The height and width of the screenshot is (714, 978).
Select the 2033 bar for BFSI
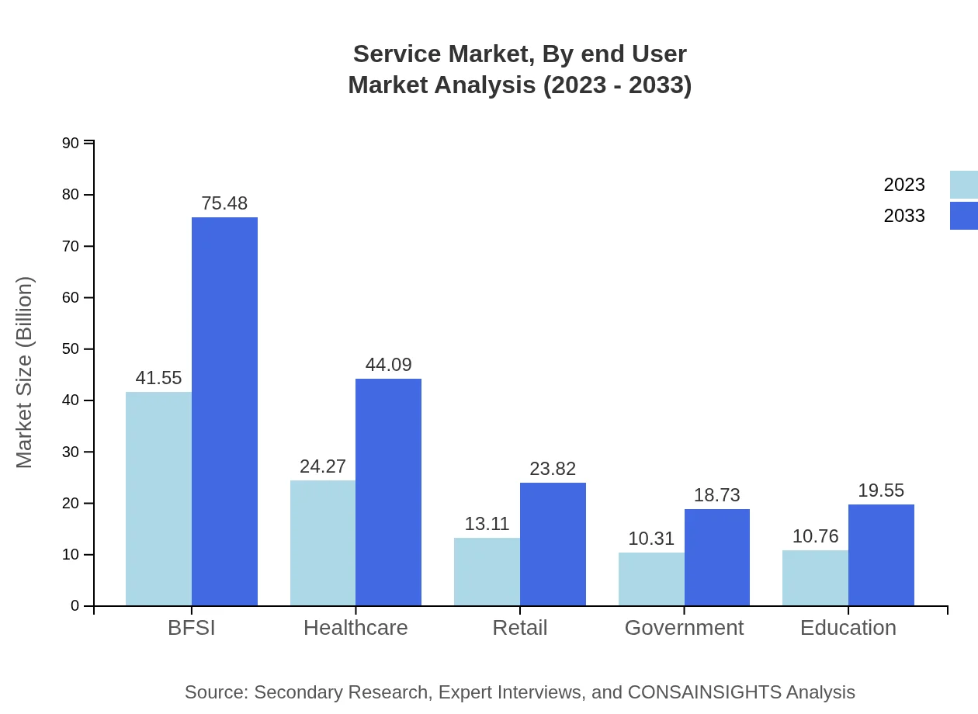pos(224,411)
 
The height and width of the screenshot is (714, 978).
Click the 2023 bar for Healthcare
pos(323,543)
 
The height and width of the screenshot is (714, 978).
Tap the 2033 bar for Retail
pos(553,544)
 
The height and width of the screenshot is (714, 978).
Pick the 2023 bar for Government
pos(651,579)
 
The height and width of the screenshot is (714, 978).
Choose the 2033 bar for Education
pos(881,555)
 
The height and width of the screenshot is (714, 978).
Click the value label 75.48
pos(224,203)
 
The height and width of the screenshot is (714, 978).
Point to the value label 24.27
pos(323,466)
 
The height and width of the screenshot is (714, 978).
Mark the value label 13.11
pos(487,524)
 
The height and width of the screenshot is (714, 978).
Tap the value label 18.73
pos(716,495)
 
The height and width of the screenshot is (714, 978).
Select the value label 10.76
pos(815,536)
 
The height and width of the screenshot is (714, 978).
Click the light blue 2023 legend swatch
pos(963,185)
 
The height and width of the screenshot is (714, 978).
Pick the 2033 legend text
pos(904,216)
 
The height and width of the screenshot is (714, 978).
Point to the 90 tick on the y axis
pos(71,143)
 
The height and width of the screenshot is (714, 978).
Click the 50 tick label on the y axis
pos(71,349)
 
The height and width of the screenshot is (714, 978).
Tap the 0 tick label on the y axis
pos(75,606)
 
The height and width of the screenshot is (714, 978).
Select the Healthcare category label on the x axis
pos(355,628)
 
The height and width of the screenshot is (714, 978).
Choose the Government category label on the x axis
pos(684,628)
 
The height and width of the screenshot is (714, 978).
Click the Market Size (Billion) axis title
pos(25,373)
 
